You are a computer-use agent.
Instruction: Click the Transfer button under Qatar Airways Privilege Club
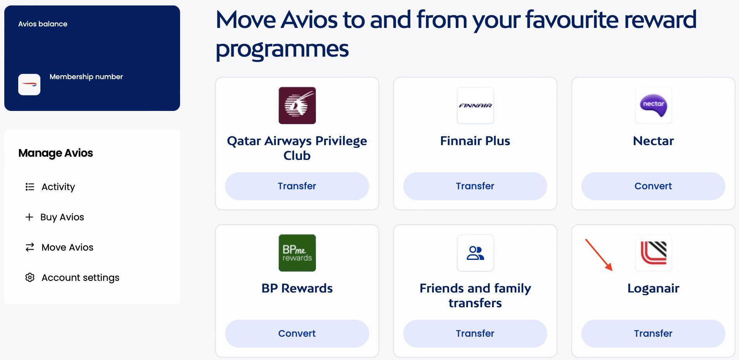click(297, 186)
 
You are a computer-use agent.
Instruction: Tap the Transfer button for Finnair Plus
click(475, 186)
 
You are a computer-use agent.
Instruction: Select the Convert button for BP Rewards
click(297, 334)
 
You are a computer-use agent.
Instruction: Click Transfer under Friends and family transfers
click(475, 334)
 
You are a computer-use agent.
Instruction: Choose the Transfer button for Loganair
click(653, 334)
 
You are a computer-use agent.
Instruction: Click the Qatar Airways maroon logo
click(297, 106)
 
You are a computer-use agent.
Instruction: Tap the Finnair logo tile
click(475, 106)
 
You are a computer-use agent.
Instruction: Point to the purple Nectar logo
click(654, 106)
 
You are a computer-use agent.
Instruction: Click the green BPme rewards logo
click(297, 253)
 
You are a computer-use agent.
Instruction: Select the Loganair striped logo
click(654, 253)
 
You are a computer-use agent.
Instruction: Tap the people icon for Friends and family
click(475, 253)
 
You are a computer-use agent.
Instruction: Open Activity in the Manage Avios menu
click(58, 187)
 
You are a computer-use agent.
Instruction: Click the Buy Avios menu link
click(62, 217)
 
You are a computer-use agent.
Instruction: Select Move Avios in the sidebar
click(67, 247)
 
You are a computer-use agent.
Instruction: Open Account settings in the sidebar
click(80, 278)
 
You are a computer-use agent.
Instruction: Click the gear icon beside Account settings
click(30, 277)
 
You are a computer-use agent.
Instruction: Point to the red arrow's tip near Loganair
click(612, 270)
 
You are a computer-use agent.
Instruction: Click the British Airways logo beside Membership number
click(29, 85)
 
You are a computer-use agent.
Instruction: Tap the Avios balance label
click(43, 24)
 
